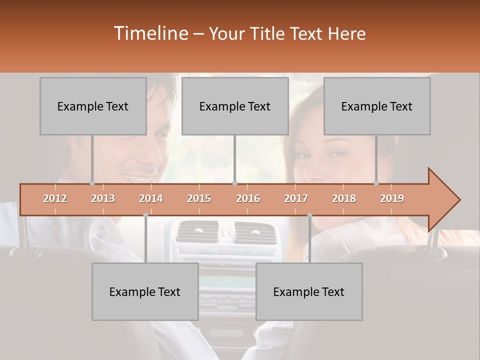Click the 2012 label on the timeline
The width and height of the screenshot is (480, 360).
pos(55,198)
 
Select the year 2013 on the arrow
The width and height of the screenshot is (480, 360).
pos(103,198)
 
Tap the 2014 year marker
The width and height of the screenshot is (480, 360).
pos(151,198)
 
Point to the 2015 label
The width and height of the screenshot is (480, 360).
pos(199,198)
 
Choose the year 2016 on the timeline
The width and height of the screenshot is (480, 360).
pos(248,198)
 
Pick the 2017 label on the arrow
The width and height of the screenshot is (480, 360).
pos(296,198)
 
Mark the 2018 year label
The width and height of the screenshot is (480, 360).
pos(344,198)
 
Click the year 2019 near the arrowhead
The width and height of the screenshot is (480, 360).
pos(392,198)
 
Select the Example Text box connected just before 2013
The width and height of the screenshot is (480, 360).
pos(93,106)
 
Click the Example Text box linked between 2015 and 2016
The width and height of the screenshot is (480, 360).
pos(235,106)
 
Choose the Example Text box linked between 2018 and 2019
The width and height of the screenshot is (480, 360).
pos(377,106)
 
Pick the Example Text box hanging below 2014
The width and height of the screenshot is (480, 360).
pos(145,291)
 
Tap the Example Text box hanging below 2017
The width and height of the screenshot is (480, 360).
pos(309,291)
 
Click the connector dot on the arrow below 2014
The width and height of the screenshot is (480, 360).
pos(145,214)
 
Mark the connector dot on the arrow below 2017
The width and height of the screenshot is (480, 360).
pos(309,214)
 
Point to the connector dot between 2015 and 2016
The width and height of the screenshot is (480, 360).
pos(235,183)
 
